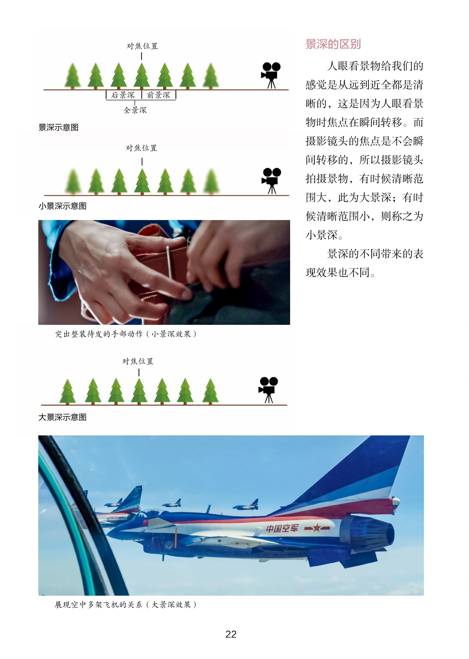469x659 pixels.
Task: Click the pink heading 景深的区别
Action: tap(333, 44)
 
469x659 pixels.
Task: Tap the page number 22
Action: tap(231, 634)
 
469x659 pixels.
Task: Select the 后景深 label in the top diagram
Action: tap(123, 95)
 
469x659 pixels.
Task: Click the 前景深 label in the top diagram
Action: tap(158, 95)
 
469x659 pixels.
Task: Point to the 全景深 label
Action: tap(135, 110)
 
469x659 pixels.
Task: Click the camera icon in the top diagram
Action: tap(271, 75)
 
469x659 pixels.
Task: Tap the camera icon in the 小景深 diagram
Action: tap(271, 181)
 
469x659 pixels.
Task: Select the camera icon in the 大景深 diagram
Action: tap(268, 390)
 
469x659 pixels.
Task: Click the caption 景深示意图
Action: tap(58, 127)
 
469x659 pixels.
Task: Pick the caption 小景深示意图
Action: tap(62, 206)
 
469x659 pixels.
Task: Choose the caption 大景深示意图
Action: tap(62, 417)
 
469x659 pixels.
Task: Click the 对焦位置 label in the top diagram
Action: tap(142, 46)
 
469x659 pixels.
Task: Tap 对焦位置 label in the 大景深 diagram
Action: tap(138, 361)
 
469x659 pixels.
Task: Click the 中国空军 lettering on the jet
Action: tap(282, 528)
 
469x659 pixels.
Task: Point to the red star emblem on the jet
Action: tap(317, 528)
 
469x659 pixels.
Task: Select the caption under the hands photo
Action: tap(126, 334)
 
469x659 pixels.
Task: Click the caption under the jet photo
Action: tap(126, 605)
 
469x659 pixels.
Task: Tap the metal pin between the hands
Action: tap(169, 263)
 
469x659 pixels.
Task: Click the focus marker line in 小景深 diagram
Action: tap(142, 162)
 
